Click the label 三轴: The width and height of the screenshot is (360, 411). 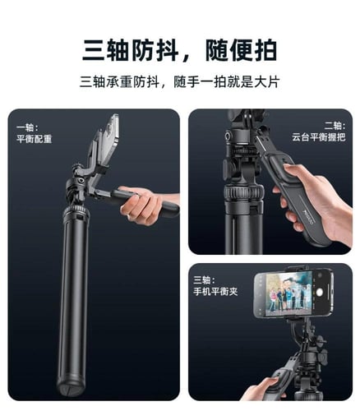[205, 279]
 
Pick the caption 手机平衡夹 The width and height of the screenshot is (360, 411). [215, 292]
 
